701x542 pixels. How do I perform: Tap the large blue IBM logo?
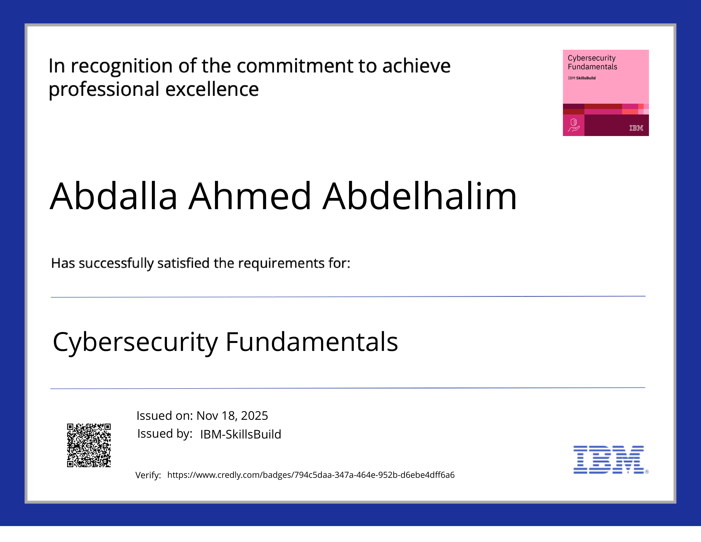pyautogui.click(x=609, y=460)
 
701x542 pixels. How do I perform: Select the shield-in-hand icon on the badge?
pyautogui.click(x=574, y=125)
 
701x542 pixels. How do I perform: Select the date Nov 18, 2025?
pyautogui.click(x=232, y=416)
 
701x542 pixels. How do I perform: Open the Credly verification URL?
pyautogui.click(x=311, y=475)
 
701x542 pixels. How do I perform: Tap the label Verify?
pyautogui.click(x=148, y=475)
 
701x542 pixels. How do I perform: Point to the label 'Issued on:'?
pyautogui.click(x=164, y=416)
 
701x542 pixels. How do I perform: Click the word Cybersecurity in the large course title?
pyautogui.click(x=135, y=342)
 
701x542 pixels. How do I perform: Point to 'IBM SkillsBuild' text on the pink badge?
pyautogui.click(x=582, y=78)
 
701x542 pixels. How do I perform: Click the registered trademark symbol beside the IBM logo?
pyautogui.click(x=647, y=472)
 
